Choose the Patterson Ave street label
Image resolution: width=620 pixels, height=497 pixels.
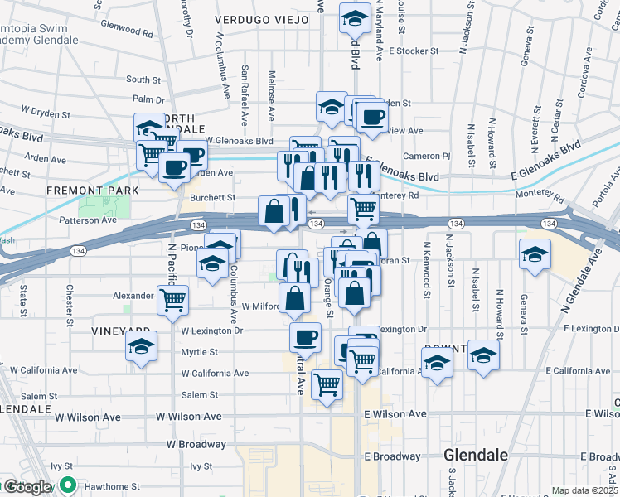click(87, 220)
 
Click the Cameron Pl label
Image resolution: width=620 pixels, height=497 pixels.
click(426, 156)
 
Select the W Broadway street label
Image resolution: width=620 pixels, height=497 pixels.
click(196, 444)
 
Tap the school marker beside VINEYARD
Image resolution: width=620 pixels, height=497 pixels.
click(142, 345)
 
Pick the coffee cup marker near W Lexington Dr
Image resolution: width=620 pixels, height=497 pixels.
click(305, 336)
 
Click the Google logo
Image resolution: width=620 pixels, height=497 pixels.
click(27, 487)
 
